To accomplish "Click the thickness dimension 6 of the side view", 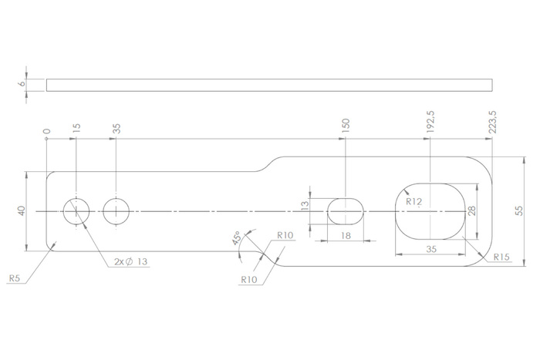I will click(21, 85).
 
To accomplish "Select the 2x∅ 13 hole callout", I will click(130, 262).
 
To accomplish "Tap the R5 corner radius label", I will click(14, 277).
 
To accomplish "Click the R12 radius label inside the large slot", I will click(414, 203).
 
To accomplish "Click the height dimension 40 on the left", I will click(21, 210).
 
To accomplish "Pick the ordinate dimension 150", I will click(346, 126).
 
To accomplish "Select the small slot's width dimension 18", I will click(346, 237).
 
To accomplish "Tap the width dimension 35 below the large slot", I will click(430, 249).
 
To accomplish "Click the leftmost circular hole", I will click(76, 210).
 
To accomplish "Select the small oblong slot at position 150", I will click(346, 210).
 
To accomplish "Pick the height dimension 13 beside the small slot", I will click(305, 205).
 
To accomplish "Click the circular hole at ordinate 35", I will click(116, 210).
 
